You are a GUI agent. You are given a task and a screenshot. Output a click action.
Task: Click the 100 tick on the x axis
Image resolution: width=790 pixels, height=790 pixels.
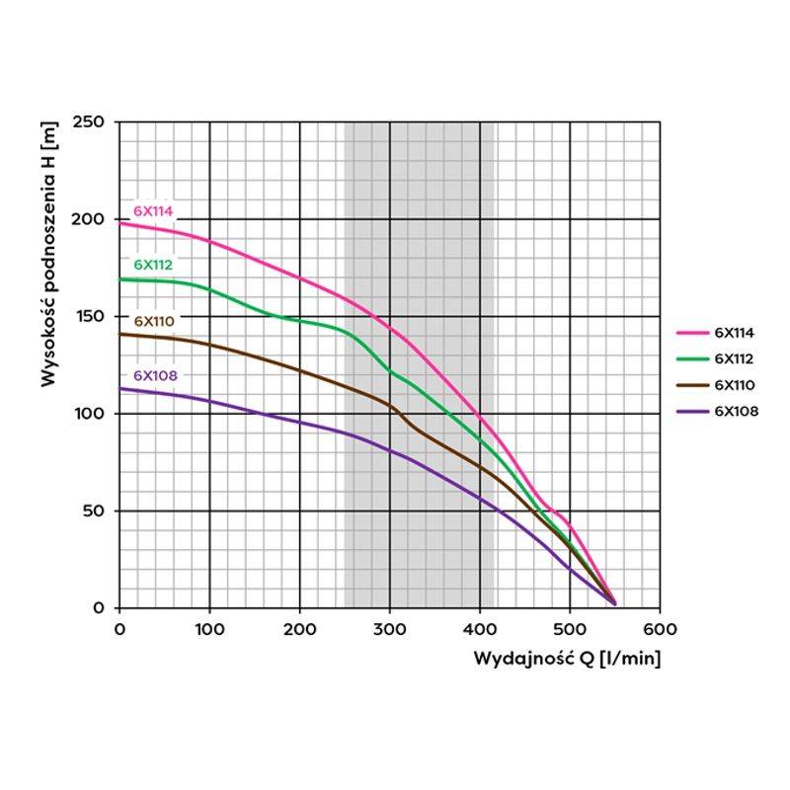coord(209,628)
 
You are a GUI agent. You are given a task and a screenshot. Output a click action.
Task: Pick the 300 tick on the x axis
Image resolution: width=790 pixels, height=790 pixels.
coord(390,628)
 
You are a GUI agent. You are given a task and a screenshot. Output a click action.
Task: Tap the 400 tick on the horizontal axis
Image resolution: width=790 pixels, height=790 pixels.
coord(480,628)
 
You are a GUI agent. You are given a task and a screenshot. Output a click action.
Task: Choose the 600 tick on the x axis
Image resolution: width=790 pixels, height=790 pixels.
coord(660,628)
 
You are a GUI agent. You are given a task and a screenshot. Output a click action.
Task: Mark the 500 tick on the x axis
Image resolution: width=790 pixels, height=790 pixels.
coord(570,628)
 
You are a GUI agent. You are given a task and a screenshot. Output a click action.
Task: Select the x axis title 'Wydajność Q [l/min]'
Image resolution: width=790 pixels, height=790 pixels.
coord(567,659)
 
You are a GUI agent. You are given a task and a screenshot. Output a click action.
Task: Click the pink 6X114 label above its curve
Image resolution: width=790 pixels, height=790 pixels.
coord(153,210)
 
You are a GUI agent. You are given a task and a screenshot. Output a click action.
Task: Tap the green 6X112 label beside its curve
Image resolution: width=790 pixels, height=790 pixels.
coord(153,265)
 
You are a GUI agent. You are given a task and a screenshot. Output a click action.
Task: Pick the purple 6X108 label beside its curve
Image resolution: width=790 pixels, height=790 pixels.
coord(153,375)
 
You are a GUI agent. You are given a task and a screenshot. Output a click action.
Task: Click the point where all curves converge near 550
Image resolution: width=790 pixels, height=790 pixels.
coord(614,602)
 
